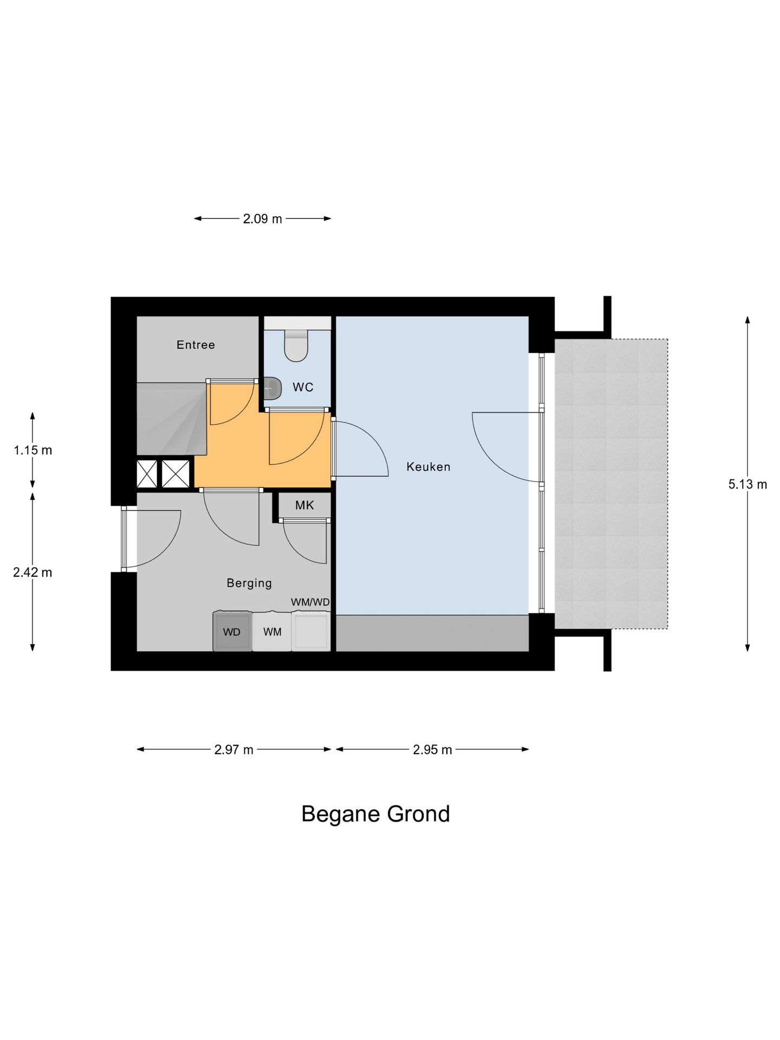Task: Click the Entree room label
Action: point(196,345)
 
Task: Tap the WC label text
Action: point(303,387)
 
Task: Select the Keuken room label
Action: point(428,467)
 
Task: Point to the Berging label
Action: point(249,583)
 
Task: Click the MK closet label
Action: point(304,505)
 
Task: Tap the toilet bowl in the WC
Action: point(296,346)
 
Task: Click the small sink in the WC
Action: point(273,388)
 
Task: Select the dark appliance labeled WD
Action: point(232,631)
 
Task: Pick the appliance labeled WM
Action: point(272,632)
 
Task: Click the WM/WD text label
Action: point(310,602)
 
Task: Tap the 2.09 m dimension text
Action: point(263,219)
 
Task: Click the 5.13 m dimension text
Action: point(747,485)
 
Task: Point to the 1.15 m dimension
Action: point(33,450)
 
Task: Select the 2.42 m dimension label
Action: point(32,573)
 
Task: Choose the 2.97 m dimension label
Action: point(234,750)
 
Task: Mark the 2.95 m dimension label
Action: point(432,750)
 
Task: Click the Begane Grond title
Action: point(375,814)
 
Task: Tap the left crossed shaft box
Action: point(147,473)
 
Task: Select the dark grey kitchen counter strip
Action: point(432,633)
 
